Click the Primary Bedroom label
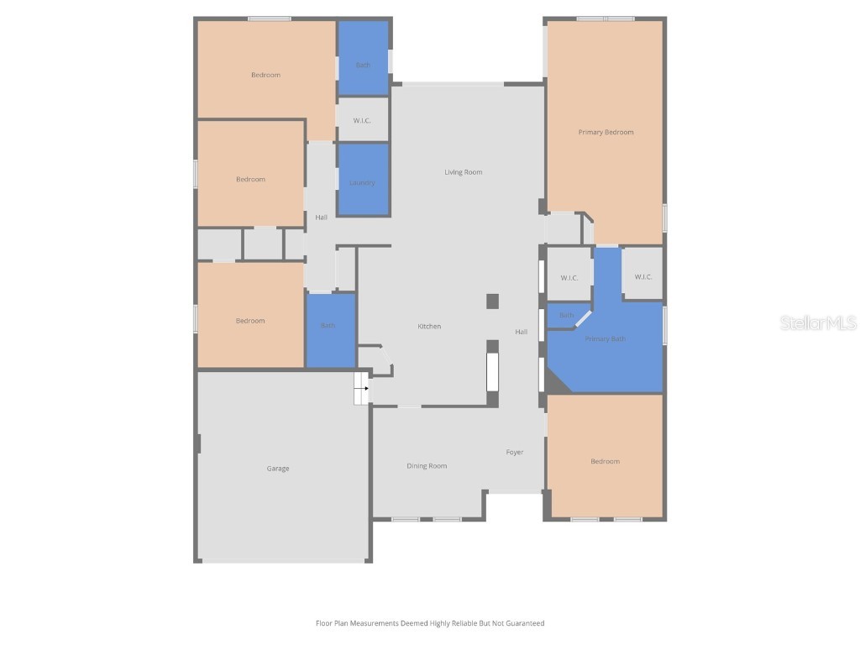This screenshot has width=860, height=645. [x=606, y=132]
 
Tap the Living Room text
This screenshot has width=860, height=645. [x=463, y=172]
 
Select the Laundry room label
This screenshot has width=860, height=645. [x=362, y=182]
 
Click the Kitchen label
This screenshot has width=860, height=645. [x=429, y=326]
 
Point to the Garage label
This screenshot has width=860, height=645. [x=278, y=469]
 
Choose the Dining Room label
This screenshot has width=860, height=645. [x=427, y=466]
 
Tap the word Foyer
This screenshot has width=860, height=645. [x=514, y=452]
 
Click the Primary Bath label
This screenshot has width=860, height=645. [x=605, y=339]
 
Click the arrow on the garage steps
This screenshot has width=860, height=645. [x=365, y=389]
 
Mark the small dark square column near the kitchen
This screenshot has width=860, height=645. [x=493, y=301]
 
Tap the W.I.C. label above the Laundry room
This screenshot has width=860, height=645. [x=362, y=120]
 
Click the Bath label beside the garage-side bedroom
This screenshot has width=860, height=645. [x=328, y=326]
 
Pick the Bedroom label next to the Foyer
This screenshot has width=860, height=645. [x=605, y=461]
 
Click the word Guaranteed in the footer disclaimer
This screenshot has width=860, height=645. [x=523, y=623]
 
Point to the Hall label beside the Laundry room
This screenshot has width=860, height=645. [x=321, y=218]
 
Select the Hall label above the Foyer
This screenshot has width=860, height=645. [x=521, y=332]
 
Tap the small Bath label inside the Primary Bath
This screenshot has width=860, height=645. [x=566, y=316]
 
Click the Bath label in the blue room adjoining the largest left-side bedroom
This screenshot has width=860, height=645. [x=362, y=65]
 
